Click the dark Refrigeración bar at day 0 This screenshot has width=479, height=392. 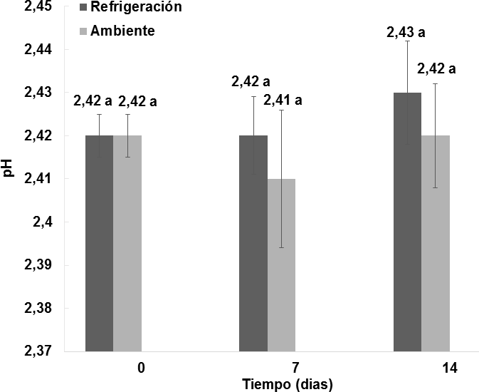point(99,242)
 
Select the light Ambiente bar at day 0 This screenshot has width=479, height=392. point(127,242)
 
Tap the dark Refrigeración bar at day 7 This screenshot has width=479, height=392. point(253,242)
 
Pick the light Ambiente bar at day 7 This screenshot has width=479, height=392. point(281,264)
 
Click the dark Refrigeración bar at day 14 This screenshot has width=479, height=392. point(407,221)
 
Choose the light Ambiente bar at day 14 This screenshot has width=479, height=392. point(436,242)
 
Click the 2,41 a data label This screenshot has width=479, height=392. point(282,100)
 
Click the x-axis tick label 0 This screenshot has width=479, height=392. point(142,368)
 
